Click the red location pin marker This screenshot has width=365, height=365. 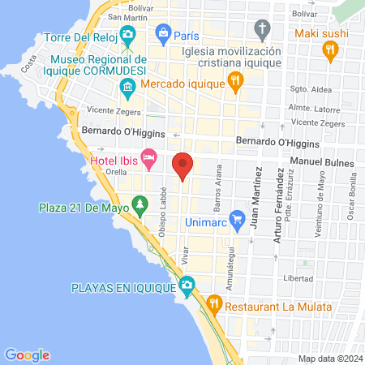click(x=183, y=165)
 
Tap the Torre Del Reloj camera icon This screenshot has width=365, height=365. click(x=127, y=34)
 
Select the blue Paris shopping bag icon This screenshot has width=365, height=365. click(x=163, y=34)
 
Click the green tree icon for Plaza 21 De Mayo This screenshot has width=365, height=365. click(x=140, y=206)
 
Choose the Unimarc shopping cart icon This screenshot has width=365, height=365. click(x=237, y=219)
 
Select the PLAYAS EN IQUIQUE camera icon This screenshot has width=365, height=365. click(x=187, y=286)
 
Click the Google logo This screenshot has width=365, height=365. click(x=27, y=354)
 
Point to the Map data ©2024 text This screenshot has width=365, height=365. click(x=329, y=359)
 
